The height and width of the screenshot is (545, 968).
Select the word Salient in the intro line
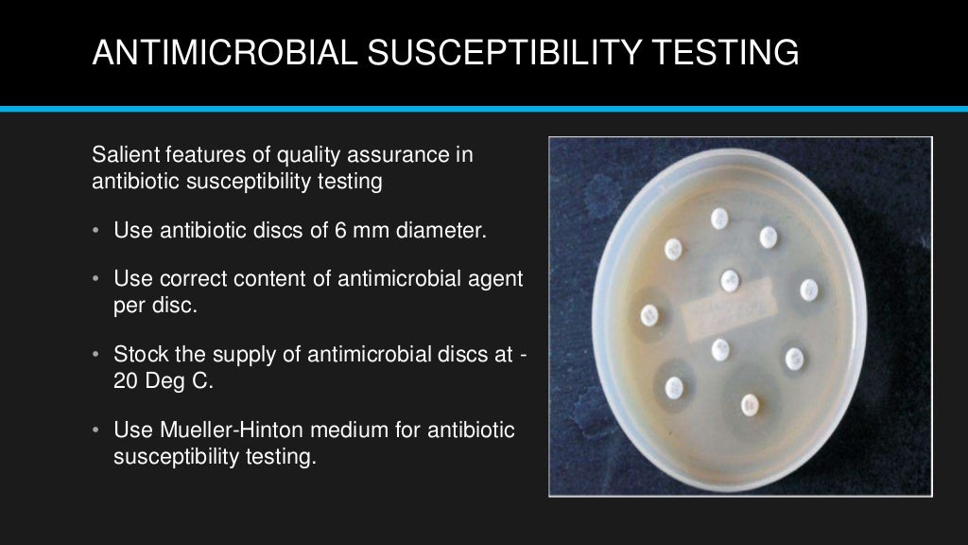(x=125, y=153)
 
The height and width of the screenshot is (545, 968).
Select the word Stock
(x=138, y=355)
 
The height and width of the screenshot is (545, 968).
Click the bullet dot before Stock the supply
(x=96, y=356)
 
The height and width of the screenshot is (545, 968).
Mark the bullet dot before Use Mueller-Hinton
(x=96, y=431)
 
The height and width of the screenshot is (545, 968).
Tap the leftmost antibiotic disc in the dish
(x=649, y=315)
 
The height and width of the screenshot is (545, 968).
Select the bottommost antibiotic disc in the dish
(x=750, y=404)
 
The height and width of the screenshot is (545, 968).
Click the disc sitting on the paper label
(x=729, y=280)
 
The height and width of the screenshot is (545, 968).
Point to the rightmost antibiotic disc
(x=808, y=289)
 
